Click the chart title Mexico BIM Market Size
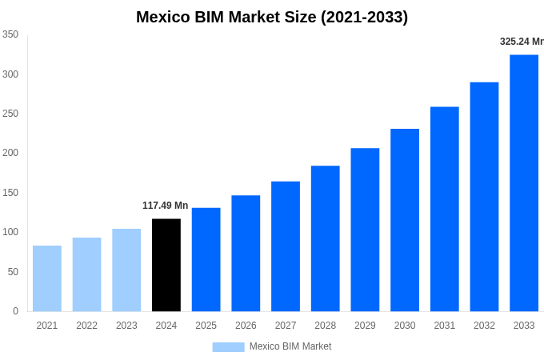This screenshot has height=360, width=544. tap(272, 17)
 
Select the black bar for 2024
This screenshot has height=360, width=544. tap(166, 265)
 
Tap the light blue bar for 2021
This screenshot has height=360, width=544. tap(47, 278)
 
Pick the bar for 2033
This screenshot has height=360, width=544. tap(524, 182)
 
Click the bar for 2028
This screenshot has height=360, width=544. tap(325, 238)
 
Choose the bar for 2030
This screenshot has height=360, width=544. tap(405, 220)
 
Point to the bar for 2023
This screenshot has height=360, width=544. tap(126, 270)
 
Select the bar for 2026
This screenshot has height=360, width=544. tap(246, 253)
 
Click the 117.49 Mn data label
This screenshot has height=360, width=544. tap(166, 206)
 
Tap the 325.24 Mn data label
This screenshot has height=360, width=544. tap(521, 42)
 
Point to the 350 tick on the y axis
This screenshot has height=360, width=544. tap(10, 34)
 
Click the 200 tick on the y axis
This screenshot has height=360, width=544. tap(10, 153)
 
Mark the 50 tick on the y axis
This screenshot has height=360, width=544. tap(13, 272)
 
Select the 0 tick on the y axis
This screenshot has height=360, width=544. tap(15, 311)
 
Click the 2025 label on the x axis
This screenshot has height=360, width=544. tap(206, 326)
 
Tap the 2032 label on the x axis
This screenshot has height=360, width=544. tap(484, 326)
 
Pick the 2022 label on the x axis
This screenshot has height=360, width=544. tap(86, 326)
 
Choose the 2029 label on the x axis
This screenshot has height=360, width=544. tap(365, 326)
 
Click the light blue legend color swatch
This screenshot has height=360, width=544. tap(228, 346)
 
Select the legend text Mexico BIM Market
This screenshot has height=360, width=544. tap(290, 346)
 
